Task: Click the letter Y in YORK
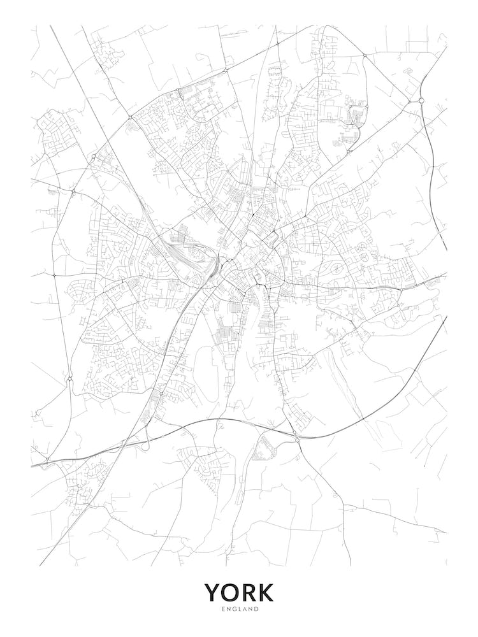213,592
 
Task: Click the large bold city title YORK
239,592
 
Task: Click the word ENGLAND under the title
239,610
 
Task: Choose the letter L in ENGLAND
239,610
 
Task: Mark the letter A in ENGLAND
245,610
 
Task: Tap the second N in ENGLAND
250,610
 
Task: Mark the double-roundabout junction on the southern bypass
296,436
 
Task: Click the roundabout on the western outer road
69,380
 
